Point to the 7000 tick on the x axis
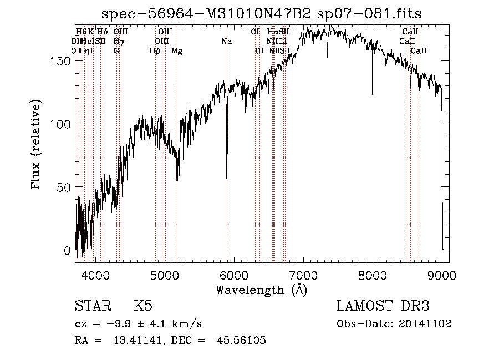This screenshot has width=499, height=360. coord(303,275)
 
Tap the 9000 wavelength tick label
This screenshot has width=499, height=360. coord(442,275)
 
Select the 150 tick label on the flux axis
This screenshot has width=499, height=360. coord(62,61)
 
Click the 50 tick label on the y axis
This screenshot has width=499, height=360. coord(65,187)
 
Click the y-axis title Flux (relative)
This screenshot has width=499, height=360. coord(37,145)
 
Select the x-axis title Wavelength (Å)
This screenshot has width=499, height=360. coord(261,290)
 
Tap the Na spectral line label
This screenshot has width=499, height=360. coord(227,42)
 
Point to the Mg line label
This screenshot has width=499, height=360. coord(177,51)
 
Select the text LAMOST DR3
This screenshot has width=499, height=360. coord(383,306)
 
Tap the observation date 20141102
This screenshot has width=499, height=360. coord(426,323)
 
